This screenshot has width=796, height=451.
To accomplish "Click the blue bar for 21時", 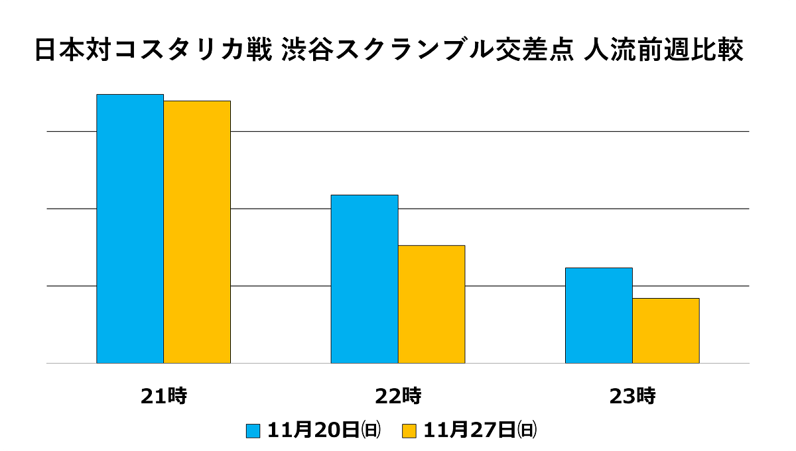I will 130,228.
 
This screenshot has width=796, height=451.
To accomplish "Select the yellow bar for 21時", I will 197,232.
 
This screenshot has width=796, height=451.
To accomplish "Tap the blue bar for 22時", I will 365,279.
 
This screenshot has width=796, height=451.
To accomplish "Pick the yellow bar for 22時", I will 432,304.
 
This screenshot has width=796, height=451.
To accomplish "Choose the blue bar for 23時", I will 599,315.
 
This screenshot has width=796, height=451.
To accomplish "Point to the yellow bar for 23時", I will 666,330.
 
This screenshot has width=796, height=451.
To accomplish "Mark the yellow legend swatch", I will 409,430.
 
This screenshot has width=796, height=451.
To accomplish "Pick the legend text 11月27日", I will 470,430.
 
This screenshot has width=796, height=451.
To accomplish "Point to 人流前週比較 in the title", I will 663,51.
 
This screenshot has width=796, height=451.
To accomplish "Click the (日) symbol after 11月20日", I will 371,430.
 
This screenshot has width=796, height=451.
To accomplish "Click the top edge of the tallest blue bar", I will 130,95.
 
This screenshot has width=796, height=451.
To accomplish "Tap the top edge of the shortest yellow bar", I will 666,299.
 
